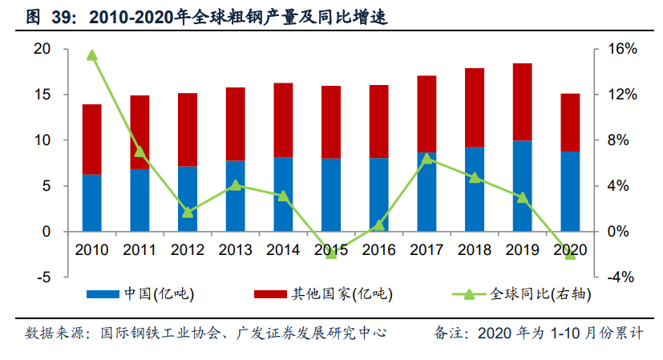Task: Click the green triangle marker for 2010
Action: (92, 55)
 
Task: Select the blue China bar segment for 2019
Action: (523, 185)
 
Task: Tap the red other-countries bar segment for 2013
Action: (235, 123)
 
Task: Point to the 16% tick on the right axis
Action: (621, 49)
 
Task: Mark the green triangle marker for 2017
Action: (427, 158)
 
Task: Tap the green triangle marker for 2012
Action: (188, 212)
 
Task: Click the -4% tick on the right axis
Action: (621, 277)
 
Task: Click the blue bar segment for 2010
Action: (92, 202)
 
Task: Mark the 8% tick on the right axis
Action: (621, 140)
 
